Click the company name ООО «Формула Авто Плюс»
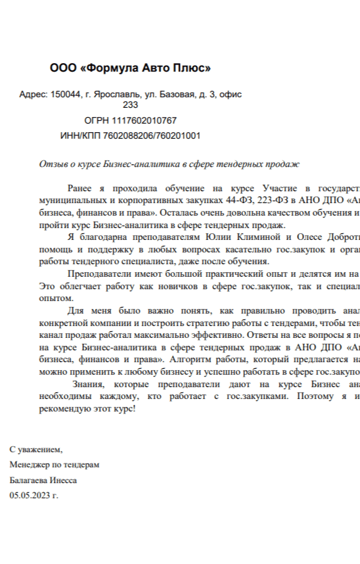(x=130, y=68)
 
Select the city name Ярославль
(x=114, y=95)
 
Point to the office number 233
(x=130, y=105)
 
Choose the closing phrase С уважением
(x=36, y=450)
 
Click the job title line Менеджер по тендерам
(x=55, y=465)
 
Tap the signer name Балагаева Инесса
(x=43, y=480)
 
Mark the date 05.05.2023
(x=30, y=495)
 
